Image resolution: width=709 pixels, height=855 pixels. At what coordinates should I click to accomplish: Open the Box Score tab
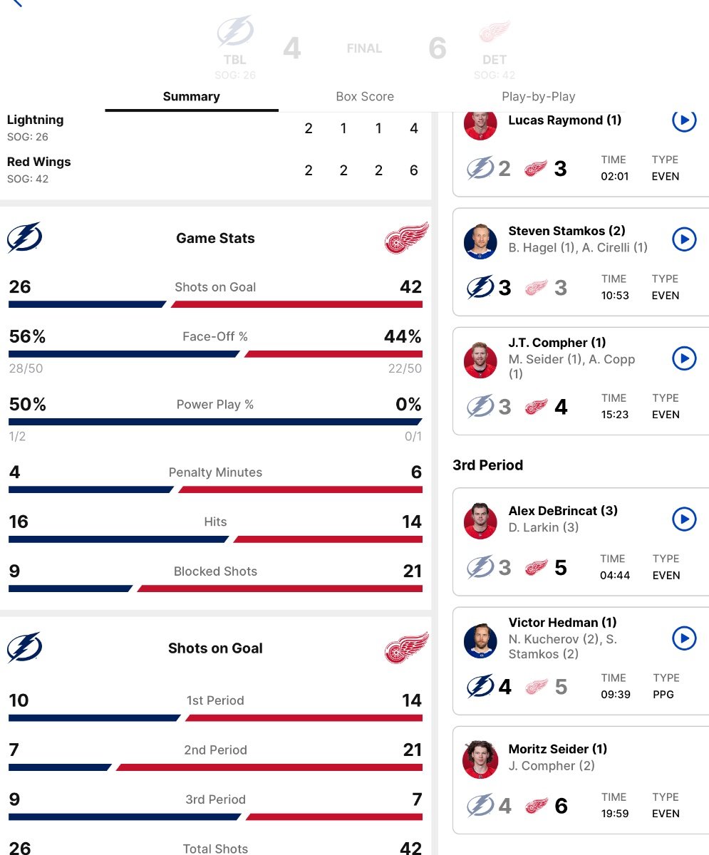pyautogui.click(x=365, y=96)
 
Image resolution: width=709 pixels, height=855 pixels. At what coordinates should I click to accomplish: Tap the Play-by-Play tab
pyautogui.click(x=538, y=96)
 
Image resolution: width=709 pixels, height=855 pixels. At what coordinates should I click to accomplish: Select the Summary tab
pyautogui.click(x=191, y=96)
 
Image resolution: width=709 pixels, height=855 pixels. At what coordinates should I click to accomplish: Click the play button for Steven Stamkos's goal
pyautogui.click(x=684, y=239)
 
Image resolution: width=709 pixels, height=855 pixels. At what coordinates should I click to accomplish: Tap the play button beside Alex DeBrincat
pyautogui.click(x=684, y=519)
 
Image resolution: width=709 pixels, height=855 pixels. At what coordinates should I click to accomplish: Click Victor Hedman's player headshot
pyautogui.click(x=480, y=641)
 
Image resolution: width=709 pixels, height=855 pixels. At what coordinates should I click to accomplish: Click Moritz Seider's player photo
pyautogui.click(x=480, y=760)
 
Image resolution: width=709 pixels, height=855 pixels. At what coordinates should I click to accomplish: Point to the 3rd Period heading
pyautogui.click(x=487, y=465)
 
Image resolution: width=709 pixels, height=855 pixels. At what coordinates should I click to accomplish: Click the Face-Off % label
pyautogui.click(x=215, y=336)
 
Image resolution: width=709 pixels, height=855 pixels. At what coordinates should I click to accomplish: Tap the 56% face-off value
pyautogui.click(x=27, y=336)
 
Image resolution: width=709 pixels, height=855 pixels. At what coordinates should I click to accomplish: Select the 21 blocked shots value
pyautogui.click(x=413, y=571)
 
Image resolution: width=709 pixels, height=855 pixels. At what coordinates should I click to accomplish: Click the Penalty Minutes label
pyautogui.click(x=215, y=472)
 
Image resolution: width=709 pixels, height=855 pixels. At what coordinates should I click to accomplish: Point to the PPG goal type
pyautogui.click(x=663, y=694)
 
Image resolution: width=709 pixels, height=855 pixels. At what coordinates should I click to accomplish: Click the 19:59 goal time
pyautogui.click(x=614, y=814)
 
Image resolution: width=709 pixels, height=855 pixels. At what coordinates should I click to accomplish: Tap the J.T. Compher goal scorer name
pyautogui.click(x=557, y=343)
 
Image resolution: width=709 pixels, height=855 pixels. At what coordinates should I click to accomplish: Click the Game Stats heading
pyautogui.click(x=215, y=238)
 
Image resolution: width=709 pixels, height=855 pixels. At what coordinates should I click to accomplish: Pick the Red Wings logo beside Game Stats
pyautogui.click(x=406, y=238)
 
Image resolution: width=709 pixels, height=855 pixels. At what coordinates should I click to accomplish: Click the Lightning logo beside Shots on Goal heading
pyautogui.click(x=24, y=648)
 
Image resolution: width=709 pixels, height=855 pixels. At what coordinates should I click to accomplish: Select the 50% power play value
pyautogui.click(x=27, y=404)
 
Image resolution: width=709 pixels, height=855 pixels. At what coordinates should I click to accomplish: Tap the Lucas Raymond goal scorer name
pyautogui.click(x=564, y=120)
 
